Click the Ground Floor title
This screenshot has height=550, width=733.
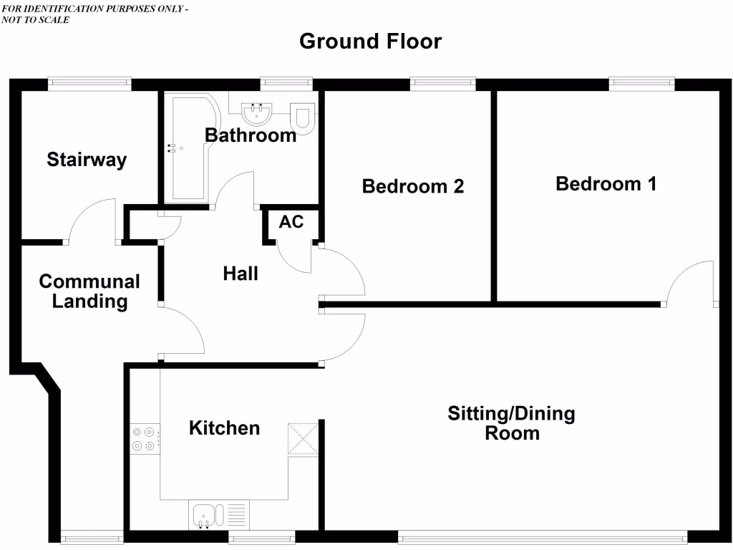(370, 42)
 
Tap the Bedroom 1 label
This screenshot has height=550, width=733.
(606, 184)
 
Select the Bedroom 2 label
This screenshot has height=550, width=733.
(412, 186)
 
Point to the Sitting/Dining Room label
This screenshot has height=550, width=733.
(511, 423)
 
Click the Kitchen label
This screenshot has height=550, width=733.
(224, 428)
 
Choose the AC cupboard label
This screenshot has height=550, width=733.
(291, 222)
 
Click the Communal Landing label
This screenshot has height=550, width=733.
(89, 291)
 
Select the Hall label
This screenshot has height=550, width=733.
(241, 273)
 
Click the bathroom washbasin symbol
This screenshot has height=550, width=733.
(256, 113)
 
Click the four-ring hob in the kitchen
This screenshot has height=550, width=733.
(144, 438)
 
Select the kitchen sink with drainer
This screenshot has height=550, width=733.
(220, 515)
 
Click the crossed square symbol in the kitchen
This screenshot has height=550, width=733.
(301, 438)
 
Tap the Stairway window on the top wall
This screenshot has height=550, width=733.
(90, 84)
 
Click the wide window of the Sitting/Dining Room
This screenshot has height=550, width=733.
(542, 536)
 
